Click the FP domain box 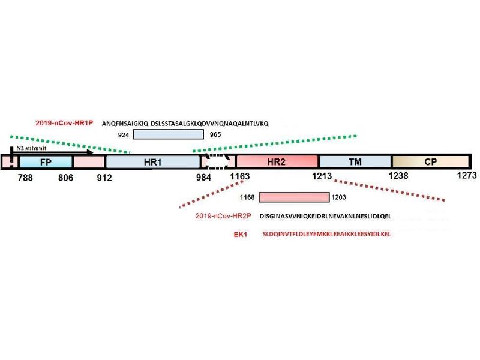pyautogui.click(x=46, y=162)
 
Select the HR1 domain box pyautogui.click(x=152, y=162)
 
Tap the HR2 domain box pyautogui.click(x=277, y=162)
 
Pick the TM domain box pyautogui.click(x=355, y=162)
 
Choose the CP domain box pyautogui.click(x=430, y=162)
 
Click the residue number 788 pyautogui.click(x=25, y=178)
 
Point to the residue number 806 pyautogui.click(x=67, y=178)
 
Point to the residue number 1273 pyautogui.click(x=464, y=176)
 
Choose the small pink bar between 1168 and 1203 pyautogui.click(x=293, y=197)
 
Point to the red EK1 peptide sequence pyautogui.click(x=326, y=234)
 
